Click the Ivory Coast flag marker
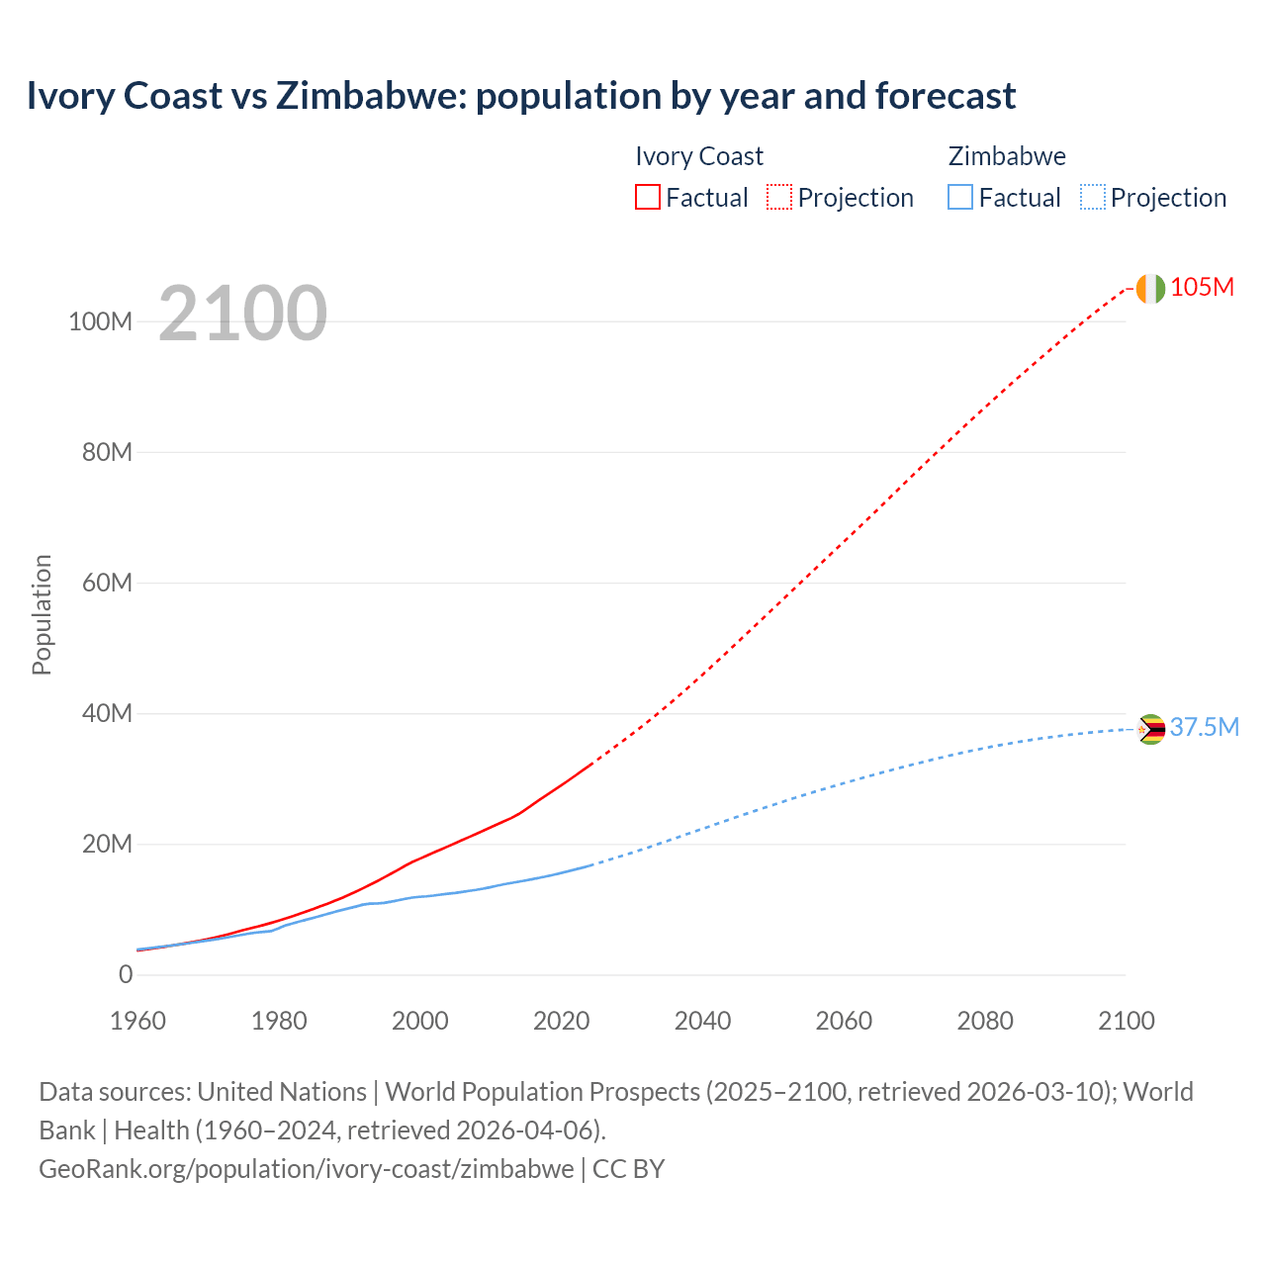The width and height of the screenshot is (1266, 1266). (x=1150, y=289)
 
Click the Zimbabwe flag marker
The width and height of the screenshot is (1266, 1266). (x=1150, y=730)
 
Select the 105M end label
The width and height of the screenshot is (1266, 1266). (x=1202, y=288)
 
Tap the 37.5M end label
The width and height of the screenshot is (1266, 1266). (x=1204, y=728)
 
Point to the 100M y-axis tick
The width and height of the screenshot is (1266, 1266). (x=100, y=322)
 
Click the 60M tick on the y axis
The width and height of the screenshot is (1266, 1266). (x=107, y=583)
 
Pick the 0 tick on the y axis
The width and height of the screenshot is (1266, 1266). (x=126, y=975)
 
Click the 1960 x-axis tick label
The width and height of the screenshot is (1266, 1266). (x=137, y=1021)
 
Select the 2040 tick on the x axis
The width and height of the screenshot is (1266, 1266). (x=702, y=1021)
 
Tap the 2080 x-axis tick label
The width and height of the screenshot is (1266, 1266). (x=985, y=1021)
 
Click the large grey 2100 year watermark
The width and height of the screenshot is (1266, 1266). (x=242, y=314)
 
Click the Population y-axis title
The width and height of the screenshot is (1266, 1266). (x=42, y=614)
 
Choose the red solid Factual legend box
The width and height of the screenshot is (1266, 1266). (x=647, y=197)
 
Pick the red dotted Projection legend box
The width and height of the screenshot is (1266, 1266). (x=779, y=197)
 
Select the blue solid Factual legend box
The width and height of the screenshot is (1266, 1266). (x=960, y=197)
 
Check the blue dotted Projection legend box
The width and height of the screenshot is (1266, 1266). (x=1093, y=197)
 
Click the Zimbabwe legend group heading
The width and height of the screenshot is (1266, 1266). (x=1007, y=156)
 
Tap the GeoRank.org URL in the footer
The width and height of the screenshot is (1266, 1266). (x=306, y=1169)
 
